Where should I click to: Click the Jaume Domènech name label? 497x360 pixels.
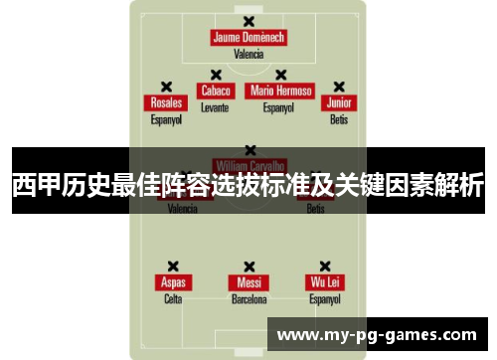[x=248, y=38]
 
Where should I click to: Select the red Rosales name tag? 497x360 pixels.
[x=166, y=103]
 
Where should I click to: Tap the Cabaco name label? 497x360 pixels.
[x=216, y=90]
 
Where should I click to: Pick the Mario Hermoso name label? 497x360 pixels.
[x=281, y=90]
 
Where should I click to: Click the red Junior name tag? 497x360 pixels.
[x=340, y=103]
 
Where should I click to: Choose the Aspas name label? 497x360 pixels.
[x=173, y=282]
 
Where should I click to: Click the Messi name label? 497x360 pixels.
[x=248, y=282]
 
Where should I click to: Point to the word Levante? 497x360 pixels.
[x=215, y=106]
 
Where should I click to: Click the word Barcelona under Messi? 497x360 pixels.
[x=248, y=298]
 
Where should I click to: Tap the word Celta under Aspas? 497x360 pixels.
[x=173, y=298]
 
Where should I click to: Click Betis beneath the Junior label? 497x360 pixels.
[x=340, y=119]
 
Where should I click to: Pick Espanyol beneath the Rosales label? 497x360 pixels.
[x=166, y=119]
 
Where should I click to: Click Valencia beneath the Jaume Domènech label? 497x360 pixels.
[x=248, y=54]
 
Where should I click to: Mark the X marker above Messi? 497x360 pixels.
[x=248, y=267]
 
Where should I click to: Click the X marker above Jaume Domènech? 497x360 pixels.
[x=248, y=21]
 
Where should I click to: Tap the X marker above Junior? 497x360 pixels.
[x=339, y=87]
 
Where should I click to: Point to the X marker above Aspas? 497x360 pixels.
[x=173, y=267]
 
